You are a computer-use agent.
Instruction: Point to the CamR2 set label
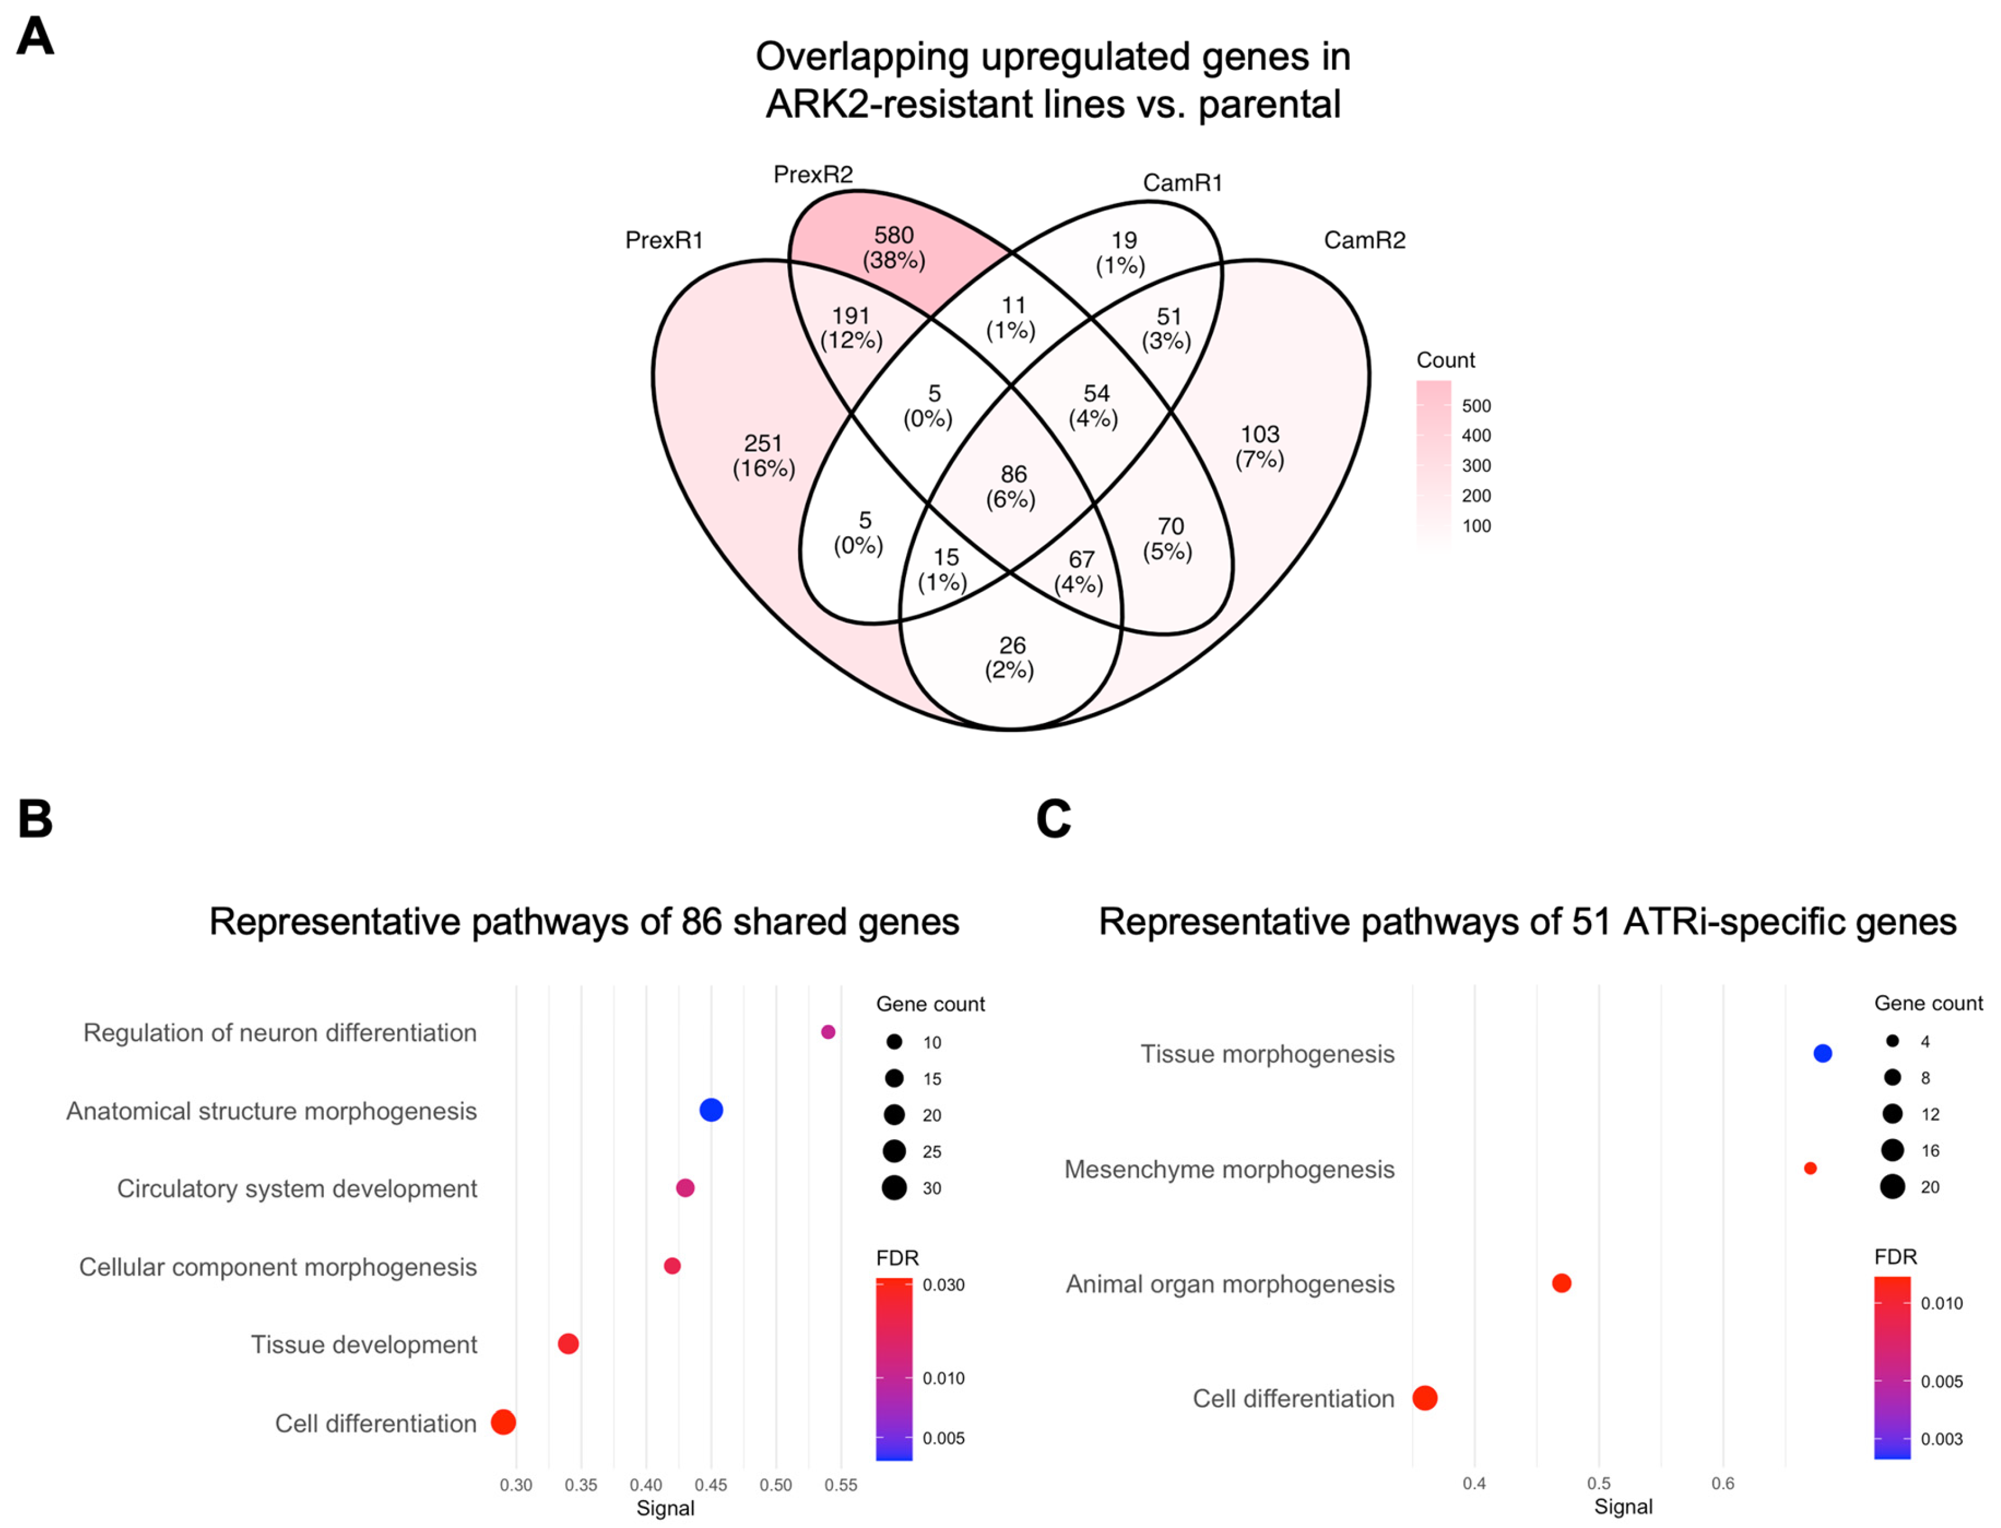1364,240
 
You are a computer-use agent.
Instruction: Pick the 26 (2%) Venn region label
1011,658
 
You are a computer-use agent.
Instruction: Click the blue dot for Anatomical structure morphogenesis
711,1110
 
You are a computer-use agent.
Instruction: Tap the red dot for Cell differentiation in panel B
503,1422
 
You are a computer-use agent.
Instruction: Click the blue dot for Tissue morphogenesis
1822,1053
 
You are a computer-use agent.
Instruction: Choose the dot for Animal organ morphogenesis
1561,1283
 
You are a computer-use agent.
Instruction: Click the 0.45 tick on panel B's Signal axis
711,1485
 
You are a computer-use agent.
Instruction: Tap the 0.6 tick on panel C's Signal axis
1723,1483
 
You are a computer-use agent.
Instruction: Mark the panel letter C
1053,819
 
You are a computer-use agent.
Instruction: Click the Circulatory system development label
297,1189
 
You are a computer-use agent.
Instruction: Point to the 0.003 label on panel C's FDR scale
1941,1439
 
